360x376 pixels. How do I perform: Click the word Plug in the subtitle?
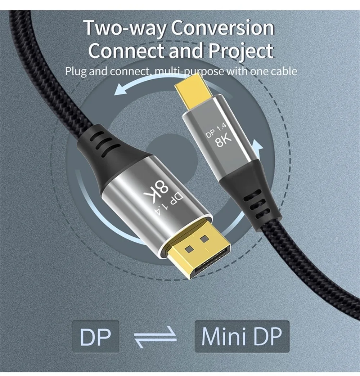tap(76, 71)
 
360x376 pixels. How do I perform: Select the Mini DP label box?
tap(242, 336)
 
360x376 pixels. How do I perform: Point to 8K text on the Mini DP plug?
tap(223, 140)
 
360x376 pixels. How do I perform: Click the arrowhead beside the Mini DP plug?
tap(256, 147)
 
